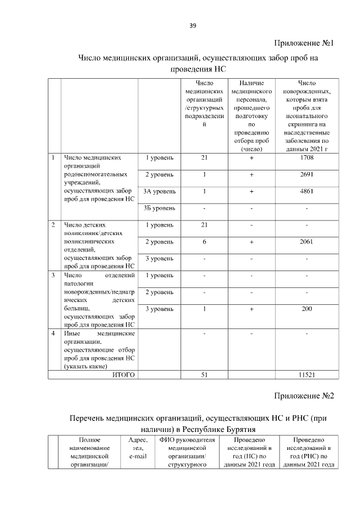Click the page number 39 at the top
pos(192,26)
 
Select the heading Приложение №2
pos(304,395)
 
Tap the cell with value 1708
pos(307,158)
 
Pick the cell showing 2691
pos(307,174)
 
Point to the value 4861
pos(307,191)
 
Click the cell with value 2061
pos(307,242)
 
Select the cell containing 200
pos(307,309)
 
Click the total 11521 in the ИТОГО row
pos(307,375)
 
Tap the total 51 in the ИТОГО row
pos(205,375)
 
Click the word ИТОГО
pos(124,375)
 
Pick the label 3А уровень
pos(160,191)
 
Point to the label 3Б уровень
pos(160,208)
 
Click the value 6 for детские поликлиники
pos(205,242)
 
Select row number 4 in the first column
pos(53,334)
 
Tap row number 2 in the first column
pos(53,225)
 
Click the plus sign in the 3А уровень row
pos(252,191)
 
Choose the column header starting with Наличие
pos(252,83)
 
